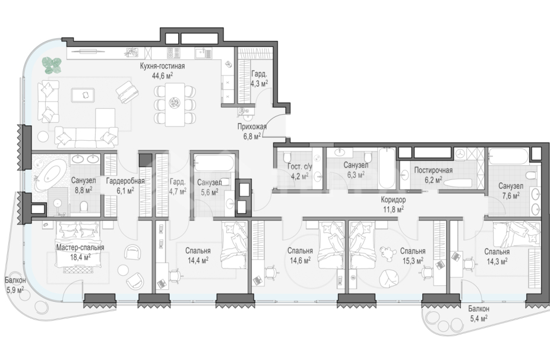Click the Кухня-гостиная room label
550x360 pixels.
tap(162, 67)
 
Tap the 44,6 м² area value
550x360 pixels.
tap(162, 75)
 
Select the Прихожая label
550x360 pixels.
tap(252, 127)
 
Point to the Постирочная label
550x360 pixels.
tap(433, 170)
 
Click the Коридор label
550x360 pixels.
tap(393, 200)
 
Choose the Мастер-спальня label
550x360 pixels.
tap(80, 247)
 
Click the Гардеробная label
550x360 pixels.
tap(125, 181)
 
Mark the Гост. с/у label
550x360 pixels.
tap(299, 167)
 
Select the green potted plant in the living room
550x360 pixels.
tap(52, 65)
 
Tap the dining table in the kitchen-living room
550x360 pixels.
tap(175, 104)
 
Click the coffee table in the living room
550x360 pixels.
tap(83, 95)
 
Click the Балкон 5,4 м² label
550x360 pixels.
tap(479, 314)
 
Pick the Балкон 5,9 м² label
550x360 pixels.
tap(15, 285)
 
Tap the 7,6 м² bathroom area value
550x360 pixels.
tap(511, 195)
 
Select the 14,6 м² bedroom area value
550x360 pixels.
tap(300, 260)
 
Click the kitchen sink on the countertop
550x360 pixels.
tap(201, 53)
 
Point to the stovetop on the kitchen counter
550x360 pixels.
tap(173, 53)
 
